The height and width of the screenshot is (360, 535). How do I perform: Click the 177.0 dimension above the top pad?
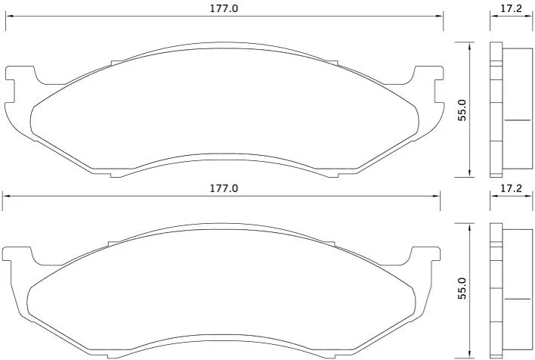point(224,8)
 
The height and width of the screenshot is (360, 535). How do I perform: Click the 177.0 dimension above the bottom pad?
point(224,188)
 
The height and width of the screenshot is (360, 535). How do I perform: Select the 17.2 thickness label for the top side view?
point(511,8)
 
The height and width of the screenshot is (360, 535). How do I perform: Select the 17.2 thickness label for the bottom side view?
point(511,188)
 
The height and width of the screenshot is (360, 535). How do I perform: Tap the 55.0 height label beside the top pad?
point(462,110)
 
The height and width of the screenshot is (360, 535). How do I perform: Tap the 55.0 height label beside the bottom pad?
point(462,289)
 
